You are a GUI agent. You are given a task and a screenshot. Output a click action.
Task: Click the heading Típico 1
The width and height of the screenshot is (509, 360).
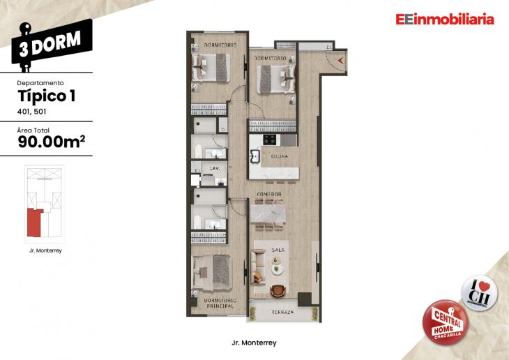click(x=45, y=96)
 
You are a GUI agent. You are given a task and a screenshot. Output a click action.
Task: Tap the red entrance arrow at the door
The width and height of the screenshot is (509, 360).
click(x=340, y=61)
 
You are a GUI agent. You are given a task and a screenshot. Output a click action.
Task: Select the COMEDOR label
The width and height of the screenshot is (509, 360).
click(x=268, y=194)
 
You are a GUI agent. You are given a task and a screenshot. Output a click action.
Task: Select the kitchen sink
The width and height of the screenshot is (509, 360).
click(x=254, y=156)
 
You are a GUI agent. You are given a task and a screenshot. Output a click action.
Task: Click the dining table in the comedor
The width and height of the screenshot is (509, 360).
click(x=270, y=211)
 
